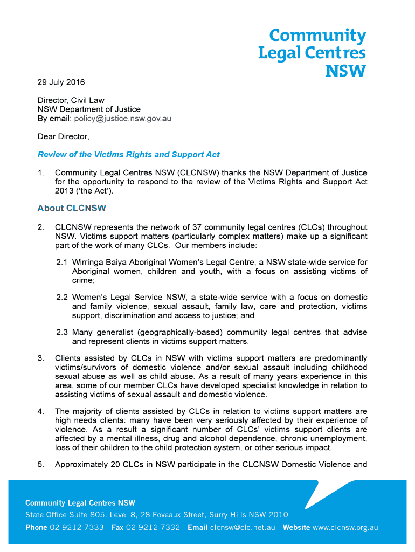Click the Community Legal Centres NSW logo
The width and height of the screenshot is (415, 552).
tap(312, 53)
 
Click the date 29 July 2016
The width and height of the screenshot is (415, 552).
tap(61, 82)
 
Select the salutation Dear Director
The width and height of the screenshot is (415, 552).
tap(63, 137)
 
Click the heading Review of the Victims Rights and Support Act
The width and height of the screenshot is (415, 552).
tap(128, 155)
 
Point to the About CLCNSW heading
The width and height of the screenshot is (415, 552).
tap(72, 208)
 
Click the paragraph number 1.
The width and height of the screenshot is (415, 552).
tap(41, 173)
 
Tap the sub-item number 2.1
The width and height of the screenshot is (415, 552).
tap(62, 263)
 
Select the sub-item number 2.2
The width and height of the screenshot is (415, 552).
tap(62, 298)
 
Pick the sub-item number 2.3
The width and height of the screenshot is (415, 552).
tap(62, 332)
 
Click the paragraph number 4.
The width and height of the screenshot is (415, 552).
tap(41, 411)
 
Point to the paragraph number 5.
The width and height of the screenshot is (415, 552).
tap(41, 465)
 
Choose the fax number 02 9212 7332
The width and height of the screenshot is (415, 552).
tap(153, 527)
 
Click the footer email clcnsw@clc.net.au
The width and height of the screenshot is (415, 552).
tap(243, 527)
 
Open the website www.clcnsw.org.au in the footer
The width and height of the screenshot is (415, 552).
tap(345, 527)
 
